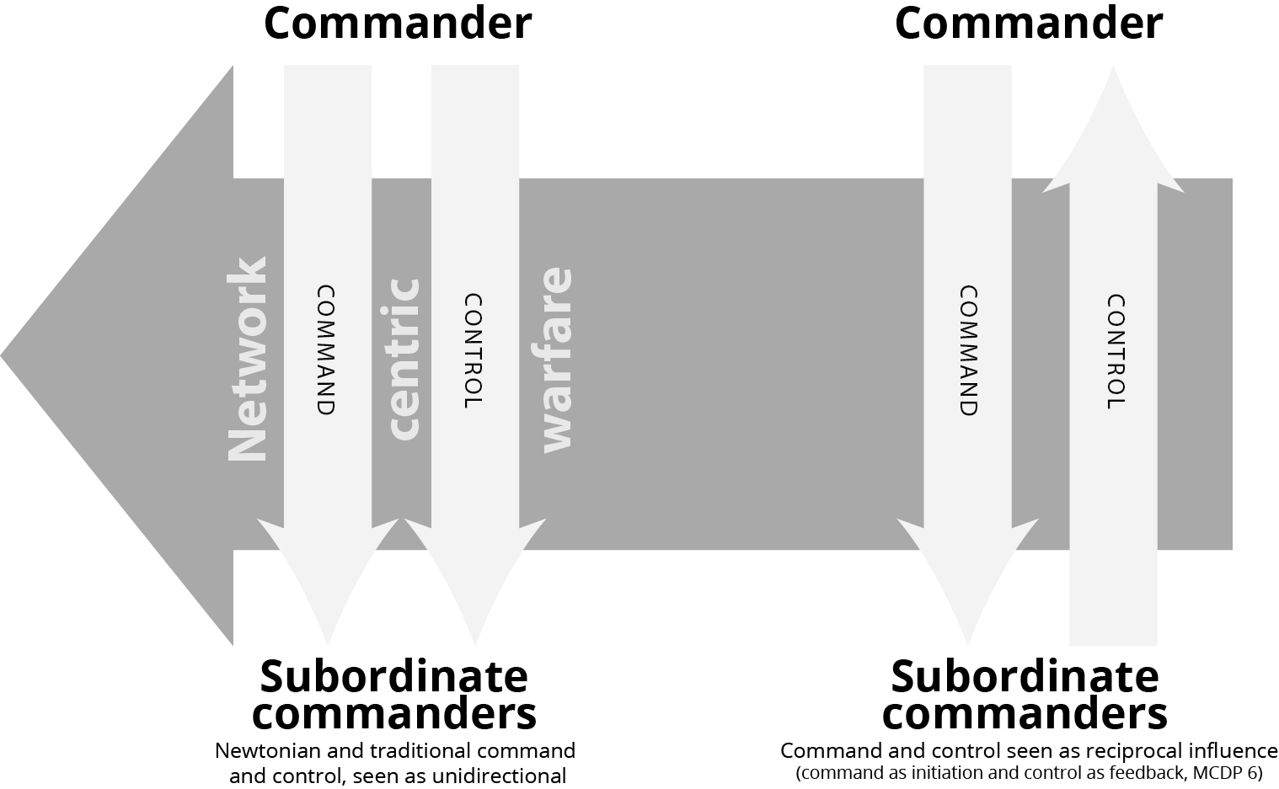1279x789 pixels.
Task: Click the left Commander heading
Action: coord(398,23)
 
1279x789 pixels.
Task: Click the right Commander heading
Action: coord(1028,23)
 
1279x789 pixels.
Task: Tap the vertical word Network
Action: coord(248,360)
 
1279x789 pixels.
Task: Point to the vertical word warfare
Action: coord(555,360)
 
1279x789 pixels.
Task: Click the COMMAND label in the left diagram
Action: coord(326,350)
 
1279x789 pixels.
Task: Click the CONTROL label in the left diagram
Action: coord(474,350)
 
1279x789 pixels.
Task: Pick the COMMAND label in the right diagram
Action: coord(968,350)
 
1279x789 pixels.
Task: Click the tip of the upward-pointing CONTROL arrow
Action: coord(1113,71)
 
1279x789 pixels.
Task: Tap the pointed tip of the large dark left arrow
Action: coord(4,356)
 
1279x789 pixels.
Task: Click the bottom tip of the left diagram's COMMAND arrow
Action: coord(327,643)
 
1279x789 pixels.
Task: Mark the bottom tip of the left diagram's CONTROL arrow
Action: coord(474,643)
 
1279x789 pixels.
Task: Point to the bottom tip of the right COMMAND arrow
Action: coord(967,643)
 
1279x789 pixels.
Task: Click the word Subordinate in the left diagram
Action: coord(393,676)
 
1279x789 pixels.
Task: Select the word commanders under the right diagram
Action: coord(1025,714)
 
